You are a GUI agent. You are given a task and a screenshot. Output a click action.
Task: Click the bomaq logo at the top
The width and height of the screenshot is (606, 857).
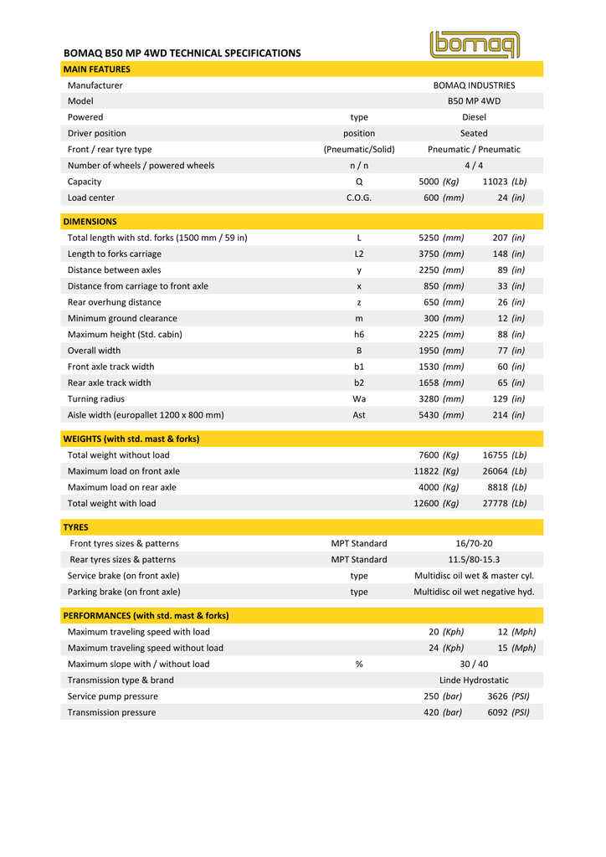(x=474, y=44)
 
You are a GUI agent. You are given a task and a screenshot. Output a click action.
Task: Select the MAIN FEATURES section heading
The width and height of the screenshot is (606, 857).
(x=97, y=69)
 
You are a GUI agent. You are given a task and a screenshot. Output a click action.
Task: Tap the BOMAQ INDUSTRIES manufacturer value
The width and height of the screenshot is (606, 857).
(x=474, y=85)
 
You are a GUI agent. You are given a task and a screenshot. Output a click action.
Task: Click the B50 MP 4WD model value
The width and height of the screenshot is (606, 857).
(x=474, y=101)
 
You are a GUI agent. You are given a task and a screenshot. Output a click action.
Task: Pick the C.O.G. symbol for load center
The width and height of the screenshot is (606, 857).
(x=359, y=198)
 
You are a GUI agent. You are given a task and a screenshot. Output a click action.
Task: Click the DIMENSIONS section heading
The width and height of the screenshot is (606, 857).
(x=90, y=222)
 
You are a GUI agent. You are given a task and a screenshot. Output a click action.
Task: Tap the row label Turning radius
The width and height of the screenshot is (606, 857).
(x=96, y=399)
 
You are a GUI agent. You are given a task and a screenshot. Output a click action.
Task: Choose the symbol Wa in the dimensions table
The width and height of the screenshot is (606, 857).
(x=359, y=399)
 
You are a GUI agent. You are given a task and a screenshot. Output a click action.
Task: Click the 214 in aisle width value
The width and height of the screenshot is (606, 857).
(x=508, y=415)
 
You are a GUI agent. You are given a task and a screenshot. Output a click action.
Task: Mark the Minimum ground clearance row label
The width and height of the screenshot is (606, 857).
(x=122, y=318)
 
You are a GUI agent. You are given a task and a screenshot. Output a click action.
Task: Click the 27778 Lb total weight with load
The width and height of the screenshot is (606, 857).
(x=505, y=504)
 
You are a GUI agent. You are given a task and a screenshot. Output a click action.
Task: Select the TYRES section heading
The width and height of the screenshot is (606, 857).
(x=76, y=527)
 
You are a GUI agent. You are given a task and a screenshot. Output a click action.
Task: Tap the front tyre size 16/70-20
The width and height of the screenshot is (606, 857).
(x=474, y=544)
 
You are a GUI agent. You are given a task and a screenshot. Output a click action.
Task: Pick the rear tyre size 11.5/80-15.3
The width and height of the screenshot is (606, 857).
(x=474, y=560)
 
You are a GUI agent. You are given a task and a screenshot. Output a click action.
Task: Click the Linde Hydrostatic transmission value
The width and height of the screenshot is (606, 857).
(x=474, y=680)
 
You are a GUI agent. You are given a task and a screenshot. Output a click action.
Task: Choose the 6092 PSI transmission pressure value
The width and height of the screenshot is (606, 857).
(x=508, y=713)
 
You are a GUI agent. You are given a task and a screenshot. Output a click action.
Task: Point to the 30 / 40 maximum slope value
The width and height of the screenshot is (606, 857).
(x=474, y=665)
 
